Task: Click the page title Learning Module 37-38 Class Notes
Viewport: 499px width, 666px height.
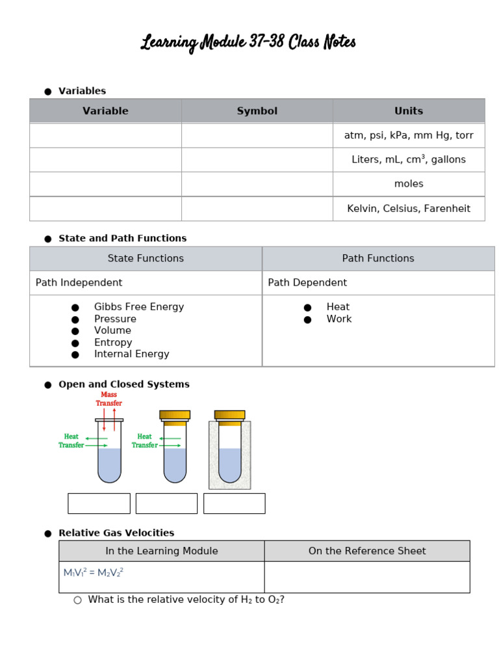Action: click(248, 44)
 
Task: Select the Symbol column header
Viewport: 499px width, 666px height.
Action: click(257, 111)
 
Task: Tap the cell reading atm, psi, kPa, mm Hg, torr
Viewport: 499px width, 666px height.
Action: click(409, 135)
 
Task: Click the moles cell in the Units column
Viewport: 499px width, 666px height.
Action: click(409, 184)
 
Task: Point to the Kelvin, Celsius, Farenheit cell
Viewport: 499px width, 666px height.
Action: click(409, 209)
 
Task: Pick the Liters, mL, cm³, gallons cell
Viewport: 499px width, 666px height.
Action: click(409, 159)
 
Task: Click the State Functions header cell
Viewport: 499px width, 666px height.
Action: click(146, 258)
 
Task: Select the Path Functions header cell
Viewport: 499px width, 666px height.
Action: click(378, 258)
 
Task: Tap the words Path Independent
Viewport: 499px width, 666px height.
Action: click(79, 283)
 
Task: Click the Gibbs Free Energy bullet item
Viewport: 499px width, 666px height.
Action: click(138, 307)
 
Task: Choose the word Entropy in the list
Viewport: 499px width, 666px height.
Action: click(113, 342)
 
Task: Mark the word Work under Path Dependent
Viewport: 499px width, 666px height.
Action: click(339, 319)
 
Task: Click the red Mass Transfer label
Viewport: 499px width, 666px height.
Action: click(109, 399)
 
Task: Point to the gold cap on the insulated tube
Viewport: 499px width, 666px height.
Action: click(229, 415)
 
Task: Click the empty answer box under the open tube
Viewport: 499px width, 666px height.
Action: click(99, 503)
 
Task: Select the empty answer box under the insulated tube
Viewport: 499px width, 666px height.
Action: click(234, 503)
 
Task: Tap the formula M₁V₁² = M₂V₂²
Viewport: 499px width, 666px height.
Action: click(93, 572)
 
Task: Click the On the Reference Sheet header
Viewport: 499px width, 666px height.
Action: click(367, 551)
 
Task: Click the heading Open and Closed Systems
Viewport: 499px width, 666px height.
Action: click(124, 384)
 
